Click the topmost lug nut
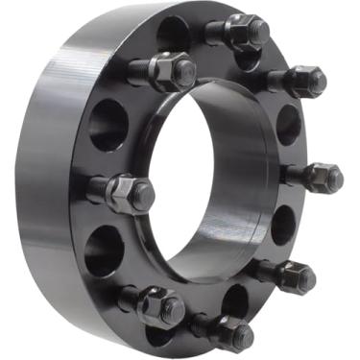coord(248,31)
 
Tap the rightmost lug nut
coord(324,178)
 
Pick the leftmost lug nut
coord(132,195)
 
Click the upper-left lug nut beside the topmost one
coord(176,70)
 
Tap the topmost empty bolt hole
coord(174,34)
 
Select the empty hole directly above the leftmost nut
coord(108,125)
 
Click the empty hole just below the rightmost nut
coord(283,225)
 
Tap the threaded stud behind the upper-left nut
coord(140,69)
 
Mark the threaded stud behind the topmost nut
coord(215,32)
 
